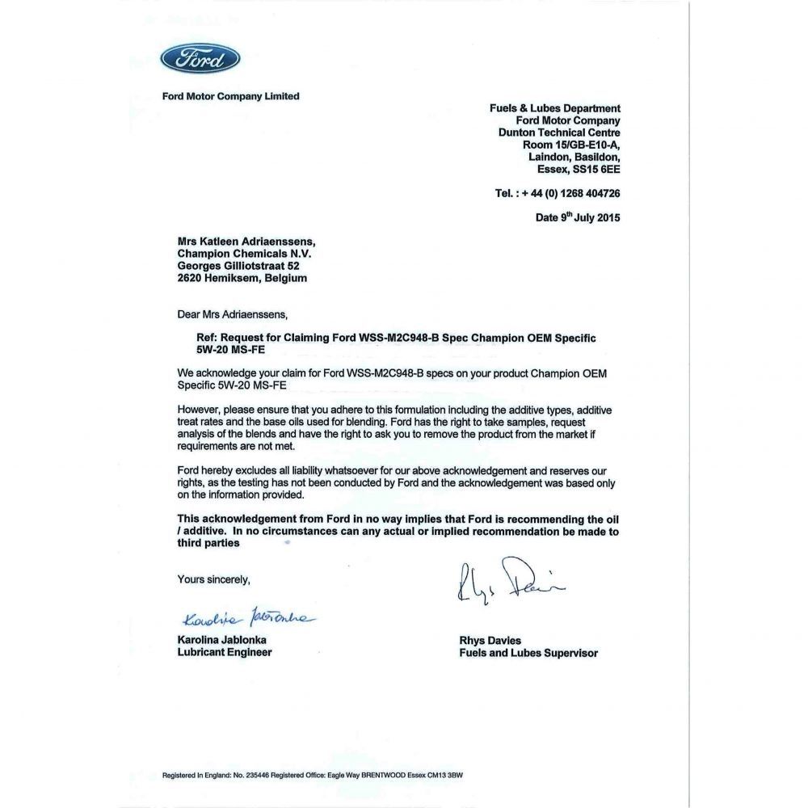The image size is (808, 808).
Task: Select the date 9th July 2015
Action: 578,217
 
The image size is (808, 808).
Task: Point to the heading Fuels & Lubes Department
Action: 555,108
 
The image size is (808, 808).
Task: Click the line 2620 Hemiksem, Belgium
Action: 242,277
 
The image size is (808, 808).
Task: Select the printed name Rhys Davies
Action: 490,641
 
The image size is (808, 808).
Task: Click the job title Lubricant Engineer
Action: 225,652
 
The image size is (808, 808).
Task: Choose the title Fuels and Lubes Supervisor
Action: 528,653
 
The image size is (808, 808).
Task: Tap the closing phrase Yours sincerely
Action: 214,579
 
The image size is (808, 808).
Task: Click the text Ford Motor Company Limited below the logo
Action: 230,96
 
